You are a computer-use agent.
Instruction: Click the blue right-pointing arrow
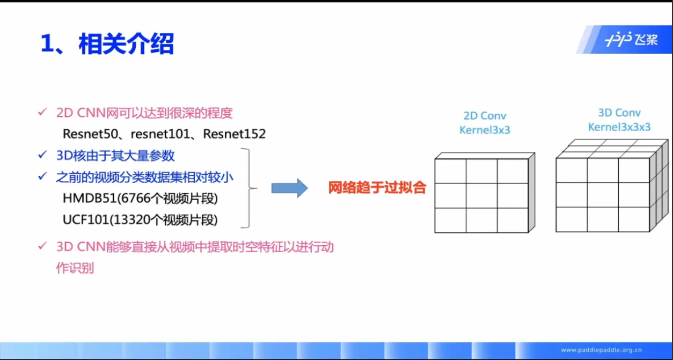click(289, 188)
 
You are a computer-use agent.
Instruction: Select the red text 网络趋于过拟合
click(377, 188)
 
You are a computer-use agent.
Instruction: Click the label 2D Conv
click(485, 116)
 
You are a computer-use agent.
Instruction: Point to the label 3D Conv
click(619, 113)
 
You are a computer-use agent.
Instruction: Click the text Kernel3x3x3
click(619, 127)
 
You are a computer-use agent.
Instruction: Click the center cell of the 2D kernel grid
click(481, 196)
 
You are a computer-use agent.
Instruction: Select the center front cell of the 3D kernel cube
click(602, 195)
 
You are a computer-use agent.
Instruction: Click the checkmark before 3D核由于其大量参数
click(42, 156)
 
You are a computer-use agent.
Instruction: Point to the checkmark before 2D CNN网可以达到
click(42, 113)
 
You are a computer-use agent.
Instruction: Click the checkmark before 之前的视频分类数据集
click(42, 177)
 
